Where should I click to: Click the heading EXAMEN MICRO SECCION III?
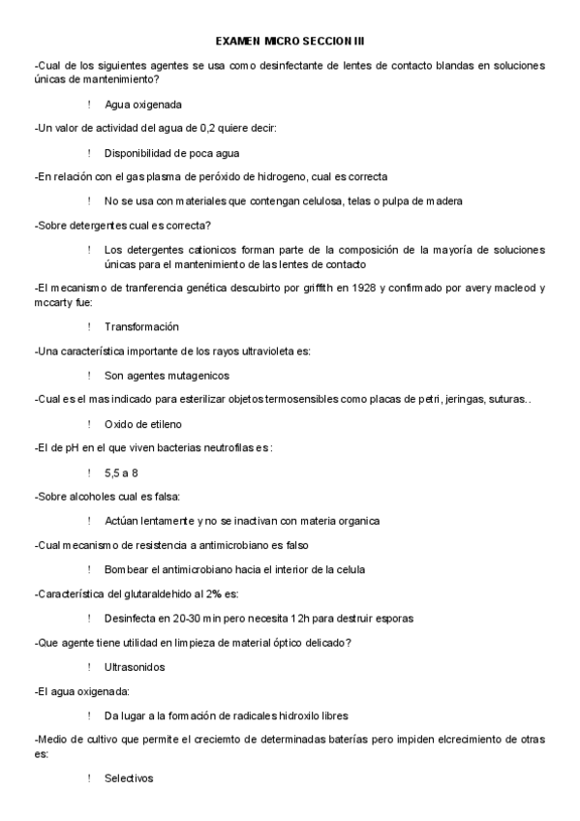pyautogui.click(x=290, y=43)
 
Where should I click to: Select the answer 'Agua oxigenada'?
pyautogui.click(x=143, y=104)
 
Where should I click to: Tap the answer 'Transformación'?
pyautogui.click(x=141, y=326)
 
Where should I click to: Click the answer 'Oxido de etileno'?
pyautogui.click(x=143, y=424)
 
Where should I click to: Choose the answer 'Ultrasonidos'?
pyautogui.click(x=135, y=667)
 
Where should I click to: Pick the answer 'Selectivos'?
pyautogui.click(x=129, y=778)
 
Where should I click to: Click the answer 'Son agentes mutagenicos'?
pyautogui.click(x=167, y=375)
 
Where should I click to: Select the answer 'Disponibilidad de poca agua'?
pyautogui.click(x=172, y=152)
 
